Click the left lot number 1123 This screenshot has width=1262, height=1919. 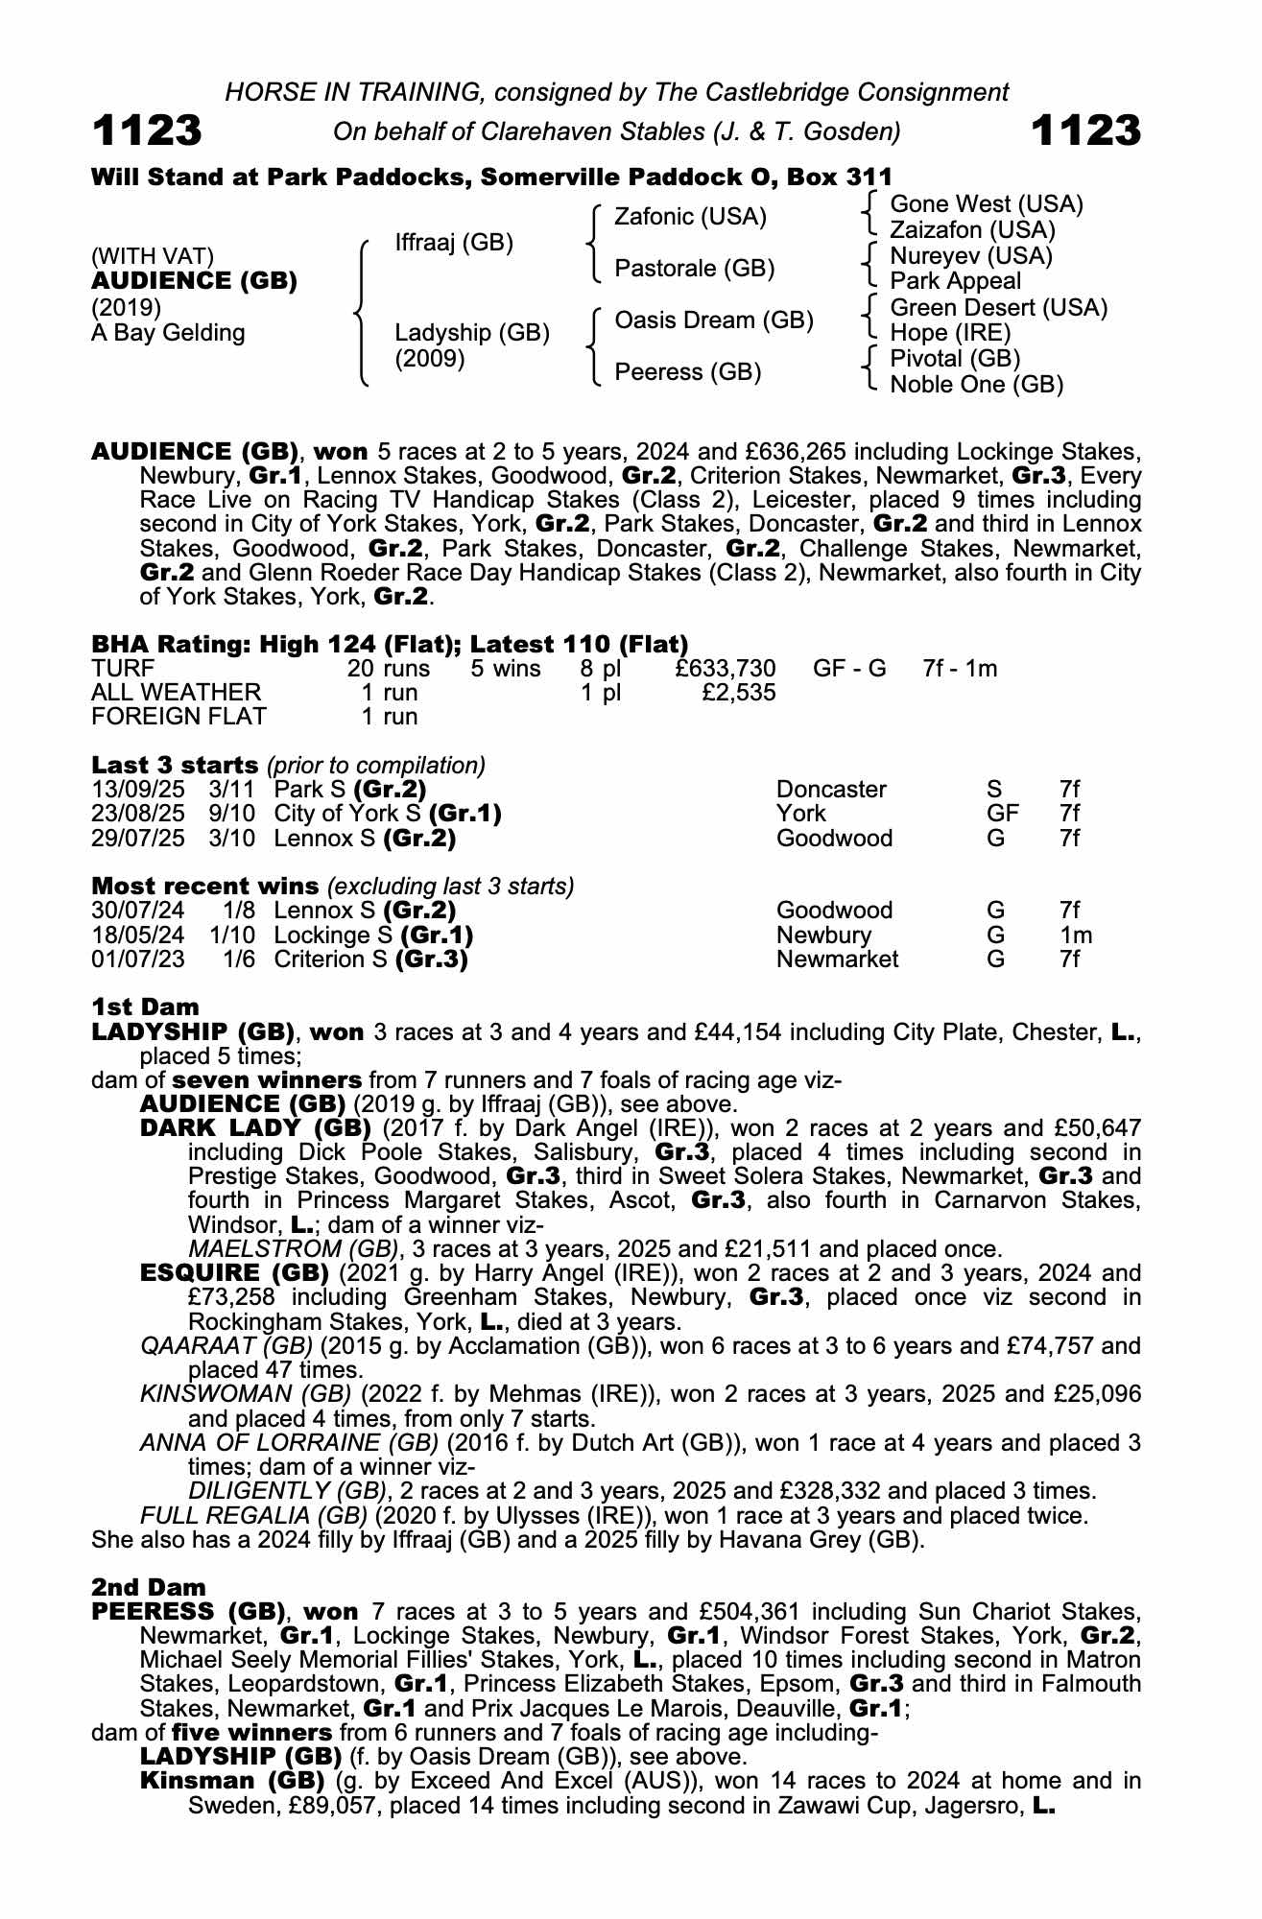pyautogui.click(x=147, y=130)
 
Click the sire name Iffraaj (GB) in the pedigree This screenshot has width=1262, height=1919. pyautogui.click(x=454, y=243)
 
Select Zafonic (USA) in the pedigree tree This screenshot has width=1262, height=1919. pyautogui.click(x=690, y=217)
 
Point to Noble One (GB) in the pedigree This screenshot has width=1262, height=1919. pyautogui.click(x=976, y=385)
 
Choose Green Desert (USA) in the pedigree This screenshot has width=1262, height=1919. pyautogui.click(x=998, y=308)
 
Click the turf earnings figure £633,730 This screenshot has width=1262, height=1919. pyautogui.click(x=725, y=669)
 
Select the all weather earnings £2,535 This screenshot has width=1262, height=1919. pyautogui.click(x=738, y=693)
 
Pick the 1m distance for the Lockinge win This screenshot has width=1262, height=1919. pyautogui.click(x=1075, y=936)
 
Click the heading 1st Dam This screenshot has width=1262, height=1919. pyautogui.click(x=145, y=1007)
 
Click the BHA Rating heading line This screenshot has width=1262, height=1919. pyautogui.click(x=390, y=644)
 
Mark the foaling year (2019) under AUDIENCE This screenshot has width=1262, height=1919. pyautogui.click(x=126, y=307)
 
